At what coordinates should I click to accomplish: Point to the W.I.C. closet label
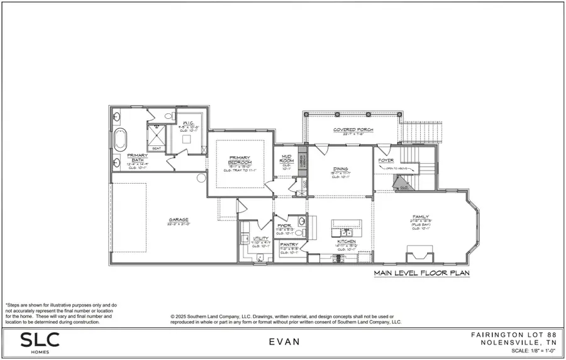[188, 123]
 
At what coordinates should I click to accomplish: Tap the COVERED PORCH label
[353, 130]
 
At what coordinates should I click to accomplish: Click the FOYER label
[386, 160]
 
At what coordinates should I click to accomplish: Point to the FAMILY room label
[421, 217]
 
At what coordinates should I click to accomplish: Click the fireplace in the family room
[419, 254]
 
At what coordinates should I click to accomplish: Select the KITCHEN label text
[346, 242]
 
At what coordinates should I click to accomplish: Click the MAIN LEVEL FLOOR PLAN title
[421, 274]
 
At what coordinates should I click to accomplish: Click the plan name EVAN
[284, 342]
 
